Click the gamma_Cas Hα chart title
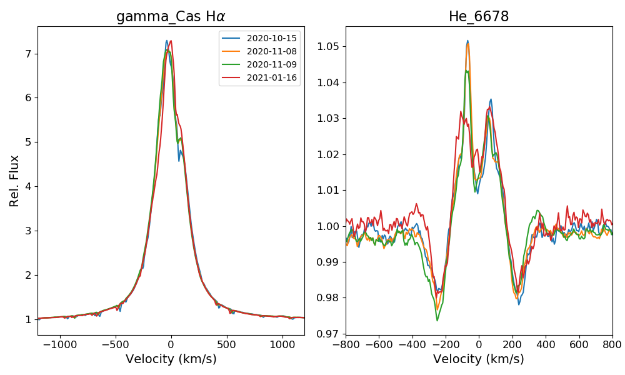click(171, 17)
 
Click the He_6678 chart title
click(479, 17)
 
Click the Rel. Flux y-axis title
click(14, 181)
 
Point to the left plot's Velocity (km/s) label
click(171, 359)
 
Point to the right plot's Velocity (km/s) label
click(479, 359)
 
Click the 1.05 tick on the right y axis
click(329, 46)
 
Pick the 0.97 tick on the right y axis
click(329, 334)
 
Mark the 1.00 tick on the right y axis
click(329, 226)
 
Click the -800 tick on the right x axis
click(346, 344)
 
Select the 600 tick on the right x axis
click(579, 344)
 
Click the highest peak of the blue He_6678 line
click(467, 41)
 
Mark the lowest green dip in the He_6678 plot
click(437, 321)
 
